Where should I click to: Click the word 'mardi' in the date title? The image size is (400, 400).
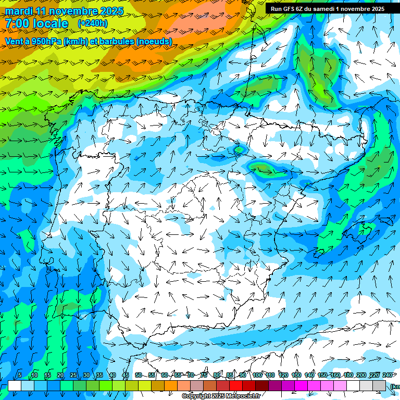click(19, 11)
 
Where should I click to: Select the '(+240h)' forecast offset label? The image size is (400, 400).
click(93, 23)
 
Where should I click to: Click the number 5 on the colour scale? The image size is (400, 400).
click(20, 376)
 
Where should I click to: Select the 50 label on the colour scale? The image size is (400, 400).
click(138, 376)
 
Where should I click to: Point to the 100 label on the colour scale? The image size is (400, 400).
click(257, 376)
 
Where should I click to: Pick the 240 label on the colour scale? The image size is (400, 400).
click(387, 376)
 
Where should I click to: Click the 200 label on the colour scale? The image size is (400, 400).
click(361, 376)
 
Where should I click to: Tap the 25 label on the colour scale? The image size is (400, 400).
click(73, 376)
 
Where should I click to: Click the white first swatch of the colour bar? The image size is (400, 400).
click(15, 385)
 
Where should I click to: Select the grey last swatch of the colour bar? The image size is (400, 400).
click(379, 385)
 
